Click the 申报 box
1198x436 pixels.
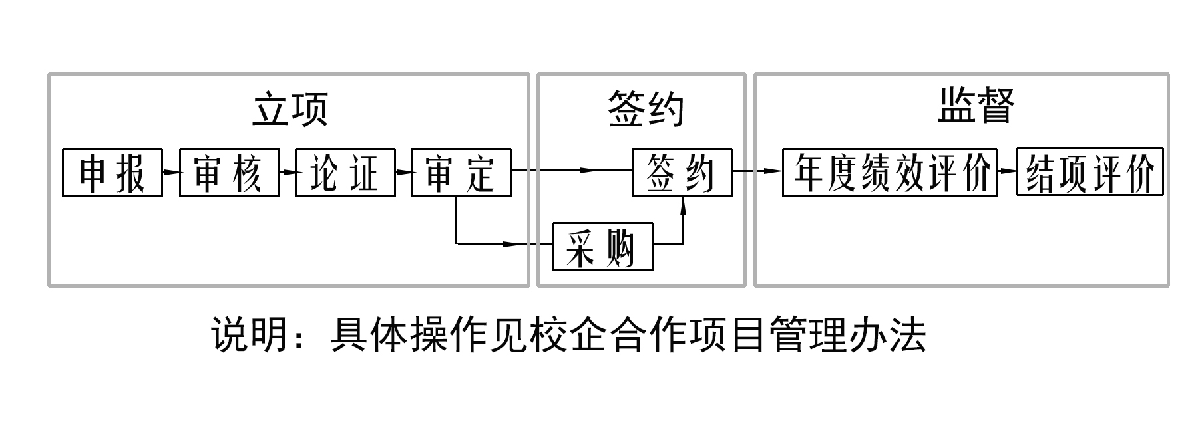coord(112,173)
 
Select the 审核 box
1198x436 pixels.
coord(229,173)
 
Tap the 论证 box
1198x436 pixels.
coord(345,173)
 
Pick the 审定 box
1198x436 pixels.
coord(461,173)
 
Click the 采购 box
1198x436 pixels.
coord(602,247)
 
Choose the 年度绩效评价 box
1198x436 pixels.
coord(889,173)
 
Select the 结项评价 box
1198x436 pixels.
coord(1090,173)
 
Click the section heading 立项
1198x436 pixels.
coord(290,109)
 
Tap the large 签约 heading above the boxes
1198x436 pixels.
coord(646,109)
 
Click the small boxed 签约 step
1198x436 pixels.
coord(682,173)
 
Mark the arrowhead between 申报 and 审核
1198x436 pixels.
coord(172,172)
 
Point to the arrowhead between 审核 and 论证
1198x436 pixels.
coord(288,172)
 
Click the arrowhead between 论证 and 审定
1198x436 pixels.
coord(404,172)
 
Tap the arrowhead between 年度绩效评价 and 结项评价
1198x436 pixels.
coord(1010,171)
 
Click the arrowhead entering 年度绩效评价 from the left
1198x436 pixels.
coord(774,171)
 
